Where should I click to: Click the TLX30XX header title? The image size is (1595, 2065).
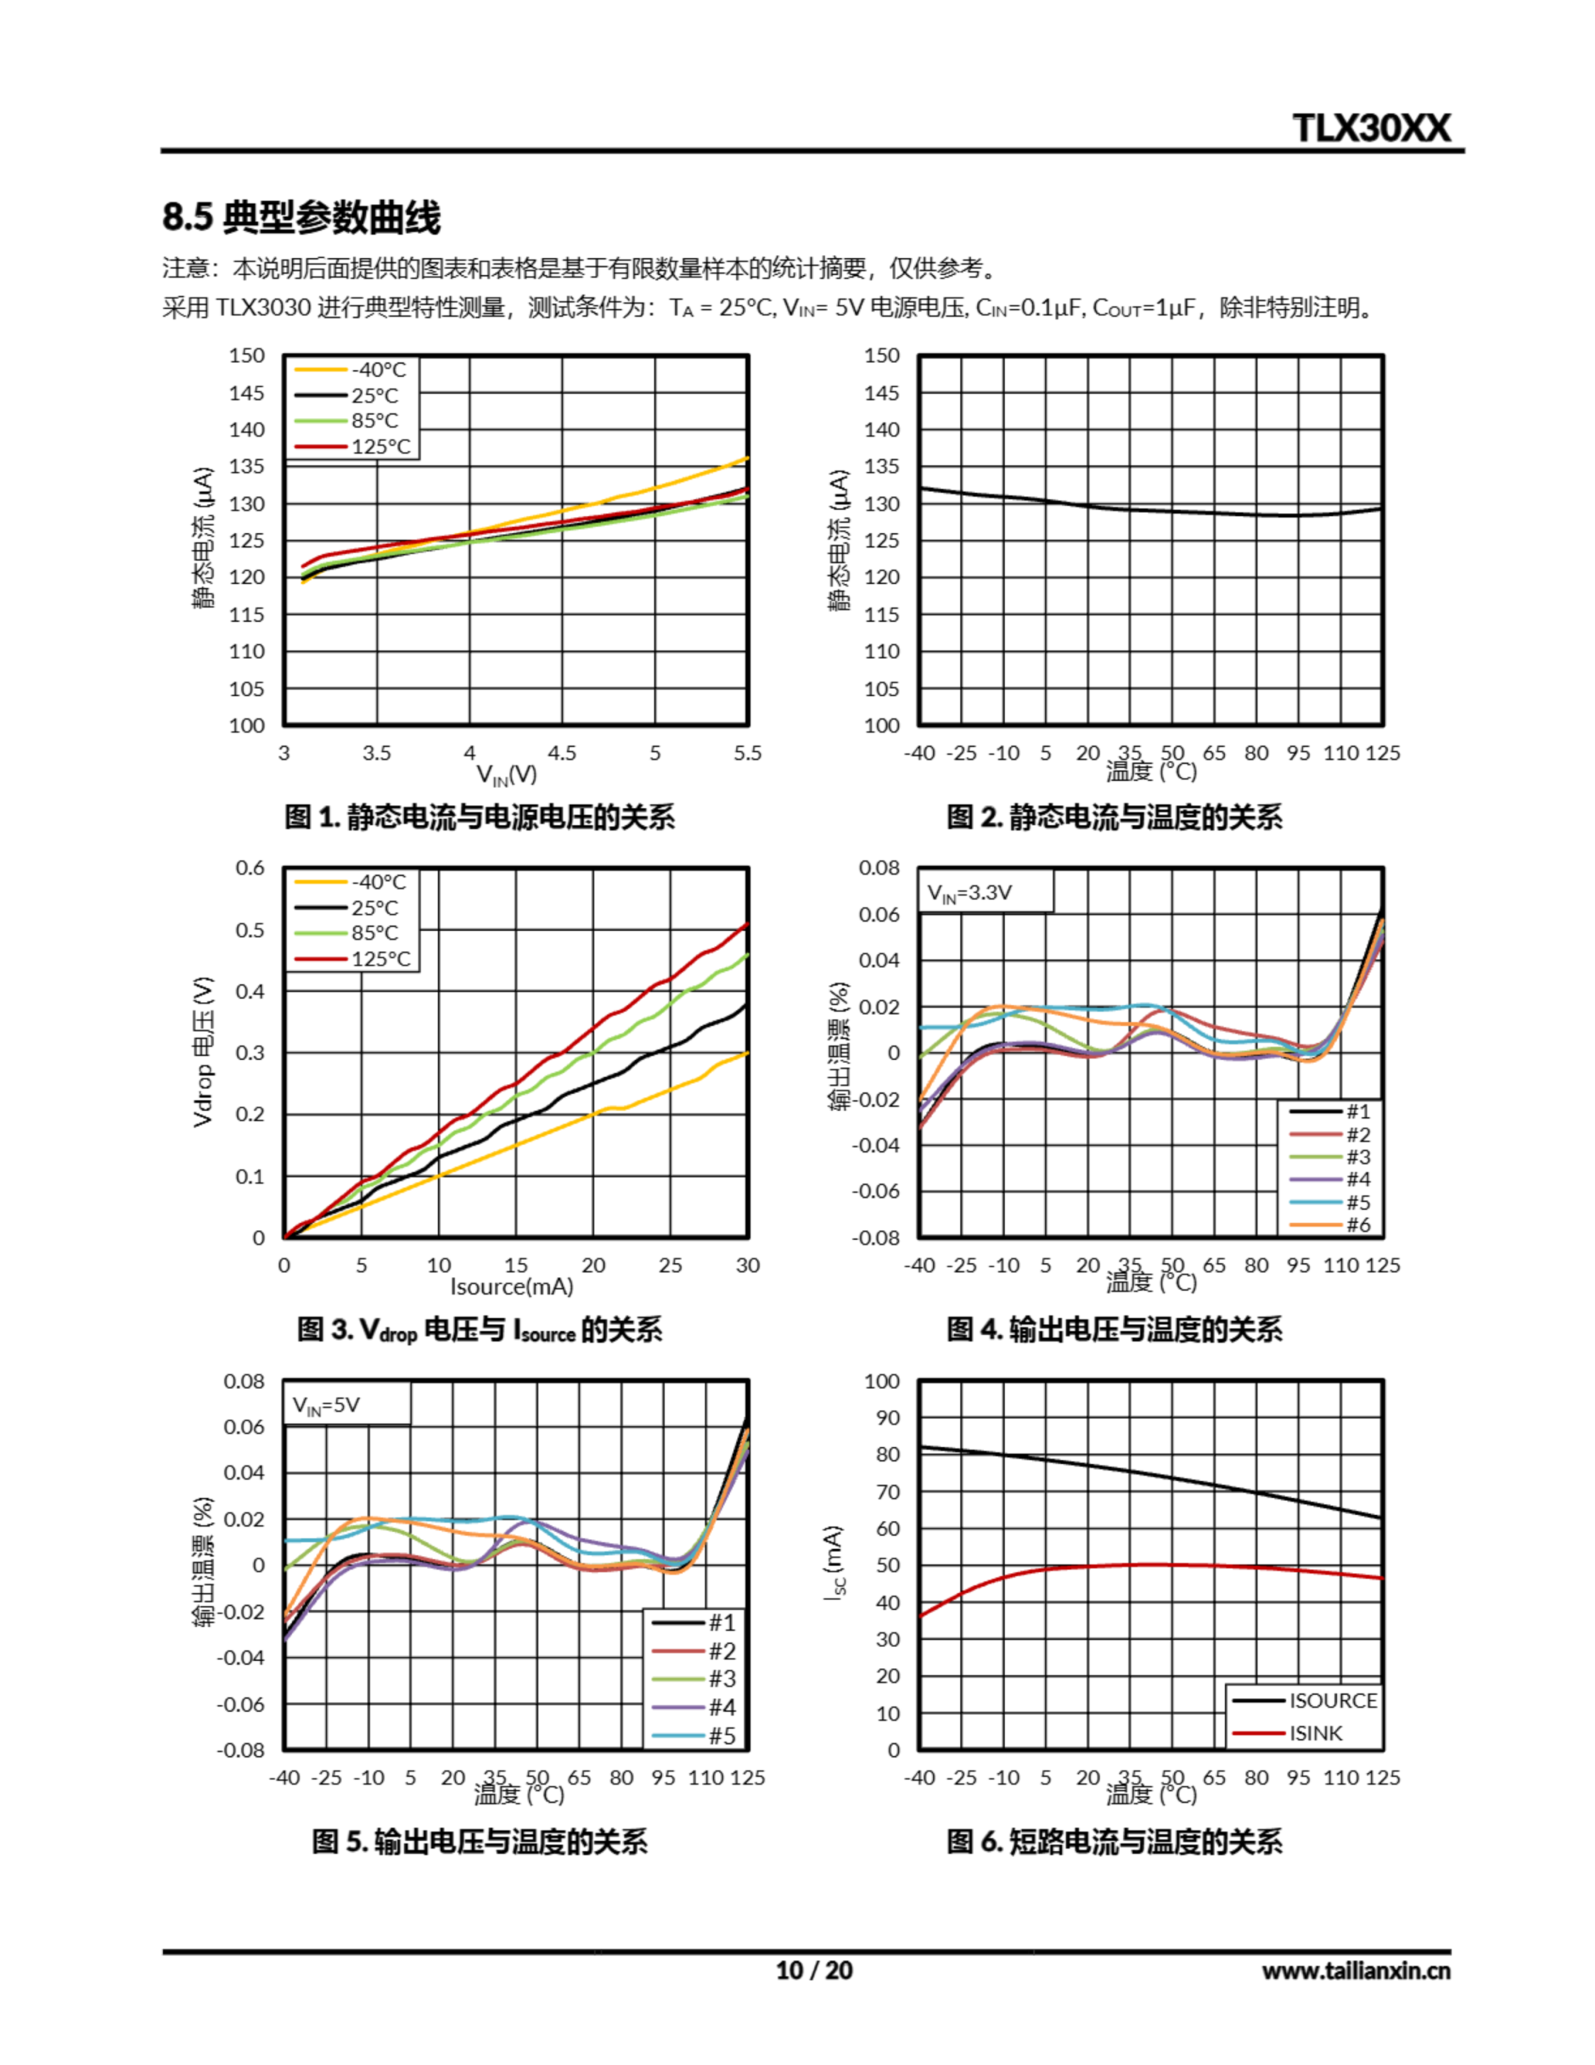[x=1370, y=127]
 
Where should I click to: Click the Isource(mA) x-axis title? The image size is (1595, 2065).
[x=511, y=1286]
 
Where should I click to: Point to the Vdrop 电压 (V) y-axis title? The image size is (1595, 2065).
[x=202, y=1051]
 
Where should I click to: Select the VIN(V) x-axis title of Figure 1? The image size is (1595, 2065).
[x=506, y=775]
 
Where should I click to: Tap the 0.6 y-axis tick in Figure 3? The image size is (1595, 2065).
[x=251, y=868]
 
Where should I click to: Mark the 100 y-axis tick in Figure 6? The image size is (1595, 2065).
[x=882, y=1382]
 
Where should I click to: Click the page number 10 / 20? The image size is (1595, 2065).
[x=814, y=1971]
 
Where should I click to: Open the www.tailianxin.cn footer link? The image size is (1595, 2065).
[x=1355, y=1971]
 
